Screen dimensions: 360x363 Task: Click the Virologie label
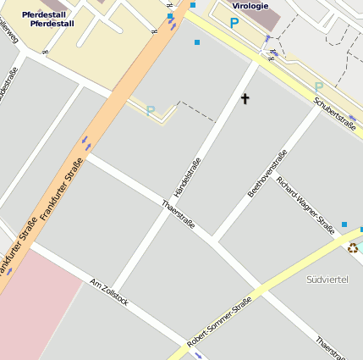[x=250, y=6]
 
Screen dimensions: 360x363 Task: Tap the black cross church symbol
[x=245, y=99]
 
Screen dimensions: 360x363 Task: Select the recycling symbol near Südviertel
[x=353, y=247]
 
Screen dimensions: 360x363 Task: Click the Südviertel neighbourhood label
[x=327, y=279]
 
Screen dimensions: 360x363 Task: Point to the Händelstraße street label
[x=187, y=178]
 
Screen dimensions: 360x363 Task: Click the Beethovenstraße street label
[x=267, y=174]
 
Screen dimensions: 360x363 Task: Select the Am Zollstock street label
[x=108, y=291]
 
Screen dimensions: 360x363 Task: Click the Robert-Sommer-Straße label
[x=219, y=321]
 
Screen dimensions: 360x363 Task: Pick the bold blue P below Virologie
[x=234, y=24]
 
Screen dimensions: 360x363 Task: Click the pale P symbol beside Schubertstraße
[x=318, y=86]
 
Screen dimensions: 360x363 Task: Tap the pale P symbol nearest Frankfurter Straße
[x=151, y=110]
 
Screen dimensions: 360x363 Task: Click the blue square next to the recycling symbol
[x=344, y=224]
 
